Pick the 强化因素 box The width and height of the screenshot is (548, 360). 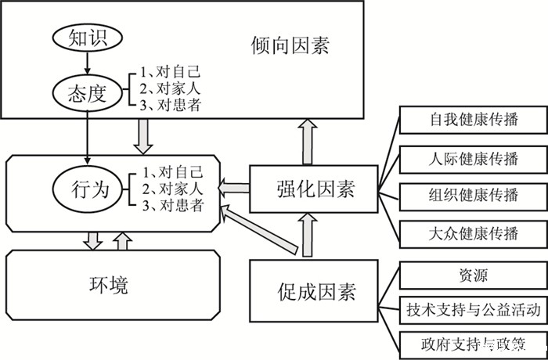314,189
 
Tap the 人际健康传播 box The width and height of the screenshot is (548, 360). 474,159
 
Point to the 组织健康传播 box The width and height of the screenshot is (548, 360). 474,195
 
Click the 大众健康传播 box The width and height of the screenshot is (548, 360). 474,232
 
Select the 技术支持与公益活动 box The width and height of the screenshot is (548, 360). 474,310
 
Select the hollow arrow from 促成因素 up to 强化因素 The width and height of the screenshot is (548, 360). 306,234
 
